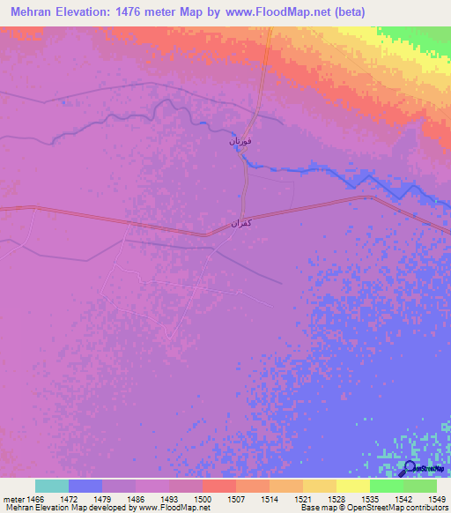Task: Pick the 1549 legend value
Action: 426,499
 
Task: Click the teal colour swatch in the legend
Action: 52,486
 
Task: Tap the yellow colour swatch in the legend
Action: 353,486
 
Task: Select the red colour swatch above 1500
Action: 219,486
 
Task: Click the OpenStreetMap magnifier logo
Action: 410,467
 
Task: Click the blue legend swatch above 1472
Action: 85,486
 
